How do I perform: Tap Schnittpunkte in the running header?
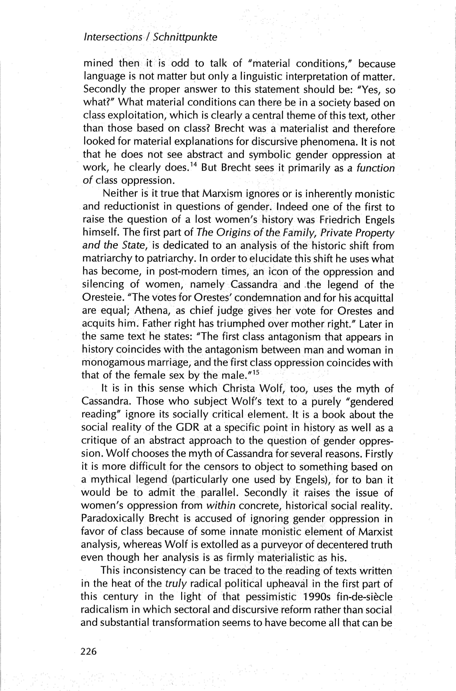pyautogui.click(x=185, y=38)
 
